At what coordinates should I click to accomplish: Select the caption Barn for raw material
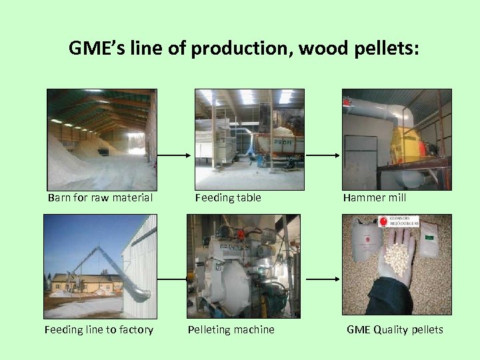pyautogui.click(x=100, y=197)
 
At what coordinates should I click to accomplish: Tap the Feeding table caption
pyautogui.click(x=228, y=197)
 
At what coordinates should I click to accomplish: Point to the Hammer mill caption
pyautogui.click(x=374, y=197)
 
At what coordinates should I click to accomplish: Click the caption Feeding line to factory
pyautogui.click(x=99, y=329)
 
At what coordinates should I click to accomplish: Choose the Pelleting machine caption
pyautogui.click(x=231, y=329)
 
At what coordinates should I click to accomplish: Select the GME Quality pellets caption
pyautogui.click(x=395, y=329)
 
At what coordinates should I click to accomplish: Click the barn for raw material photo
pyautogui.click(x=101, y=139)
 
